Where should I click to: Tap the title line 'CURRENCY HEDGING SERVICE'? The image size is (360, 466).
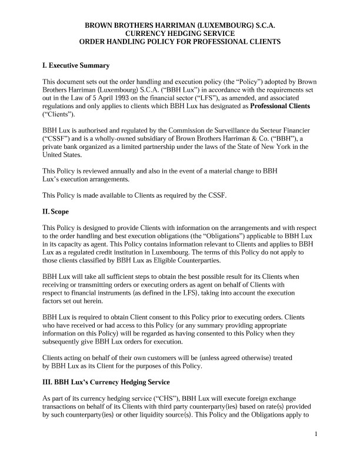(x=180, y=34)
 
